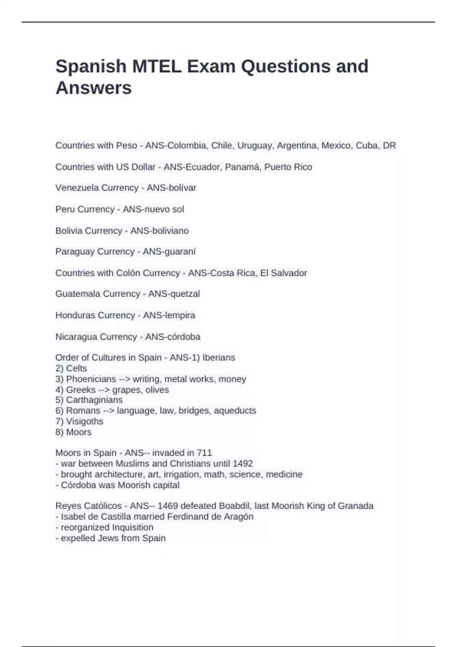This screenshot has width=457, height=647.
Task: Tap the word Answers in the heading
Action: [x=94, y=88]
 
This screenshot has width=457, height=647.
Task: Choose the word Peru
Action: [x=63, y=209]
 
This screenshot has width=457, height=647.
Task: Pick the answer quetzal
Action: [x=185, y=294]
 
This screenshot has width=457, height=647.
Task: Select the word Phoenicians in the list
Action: [x=91, y=379]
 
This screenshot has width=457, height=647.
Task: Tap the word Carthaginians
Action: [x=94, y=400]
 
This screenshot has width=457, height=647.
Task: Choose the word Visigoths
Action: [x=85, y=421]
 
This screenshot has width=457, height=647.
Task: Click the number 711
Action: [x=205, y=453]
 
